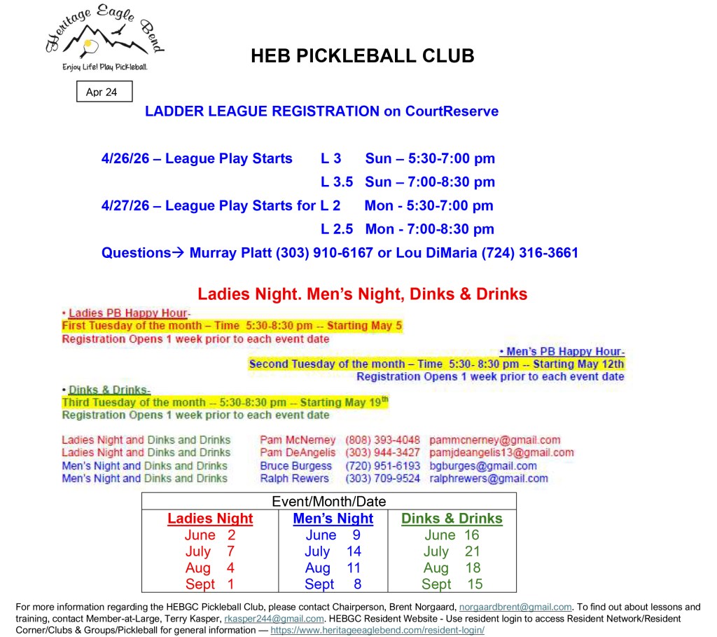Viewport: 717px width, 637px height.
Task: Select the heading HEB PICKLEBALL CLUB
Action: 362,56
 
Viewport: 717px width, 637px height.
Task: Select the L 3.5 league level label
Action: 337,182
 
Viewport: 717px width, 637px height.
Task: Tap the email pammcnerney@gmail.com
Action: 494,440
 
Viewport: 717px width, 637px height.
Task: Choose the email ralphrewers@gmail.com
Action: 488,479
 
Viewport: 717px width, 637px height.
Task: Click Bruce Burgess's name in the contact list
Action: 295,466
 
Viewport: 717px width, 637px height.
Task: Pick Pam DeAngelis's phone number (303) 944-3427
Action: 382,453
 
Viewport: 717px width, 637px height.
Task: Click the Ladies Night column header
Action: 210,519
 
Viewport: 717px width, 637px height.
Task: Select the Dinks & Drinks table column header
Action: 452,519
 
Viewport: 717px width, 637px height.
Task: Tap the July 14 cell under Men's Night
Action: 333,552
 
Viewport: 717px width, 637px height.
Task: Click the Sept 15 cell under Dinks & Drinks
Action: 452,584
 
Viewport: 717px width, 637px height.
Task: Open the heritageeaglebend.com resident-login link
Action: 377,630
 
